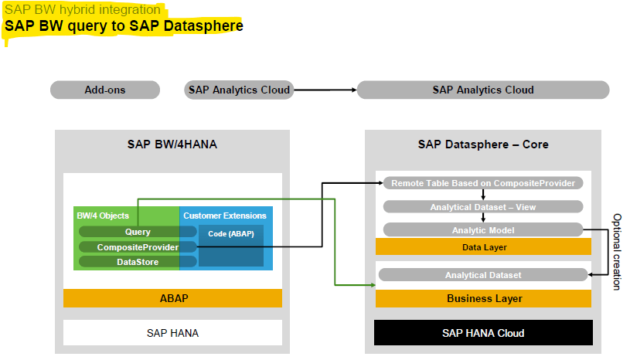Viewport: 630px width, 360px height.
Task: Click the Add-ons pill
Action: pyautogui.click(x=105, y=90)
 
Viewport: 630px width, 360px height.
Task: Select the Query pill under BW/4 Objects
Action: pyautogui.click(x=127, y=232)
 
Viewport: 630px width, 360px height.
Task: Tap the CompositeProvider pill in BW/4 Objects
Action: pyautogui.click(x=128, y=247)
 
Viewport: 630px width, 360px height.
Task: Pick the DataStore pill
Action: pyautogui.click(x=127, y=262)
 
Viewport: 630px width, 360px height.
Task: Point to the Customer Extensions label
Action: pyautogui.click(x=226, y=216)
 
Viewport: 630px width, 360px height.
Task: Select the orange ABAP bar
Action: pyautogui.click(x=172, y=297)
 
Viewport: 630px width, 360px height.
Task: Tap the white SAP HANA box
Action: pyautogui.click(x=172, y=333)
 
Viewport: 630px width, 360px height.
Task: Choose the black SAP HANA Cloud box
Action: pyautogui.click(x=483, y=333)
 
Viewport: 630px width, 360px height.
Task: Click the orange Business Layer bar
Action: pyautogui.click(x=483, y=298)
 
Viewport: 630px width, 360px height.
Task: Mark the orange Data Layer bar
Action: pyautogui.click(x=483, y=247)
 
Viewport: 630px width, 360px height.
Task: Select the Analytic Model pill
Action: pyautogui.click(x=483, y=230)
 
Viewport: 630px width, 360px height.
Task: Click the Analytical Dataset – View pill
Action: pyautogui.click(x=483, y=207)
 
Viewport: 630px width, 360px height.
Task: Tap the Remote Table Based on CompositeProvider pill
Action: pyautogui.click(x=483, y=184)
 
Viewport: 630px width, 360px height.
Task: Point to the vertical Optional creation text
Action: pyautogui.click(x=616, y=252)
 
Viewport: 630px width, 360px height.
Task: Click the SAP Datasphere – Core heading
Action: pyautogui.click(x=483, y=144)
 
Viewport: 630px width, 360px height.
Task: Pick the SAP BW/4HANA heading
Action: pyautogui.click(x=172, y=144)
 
